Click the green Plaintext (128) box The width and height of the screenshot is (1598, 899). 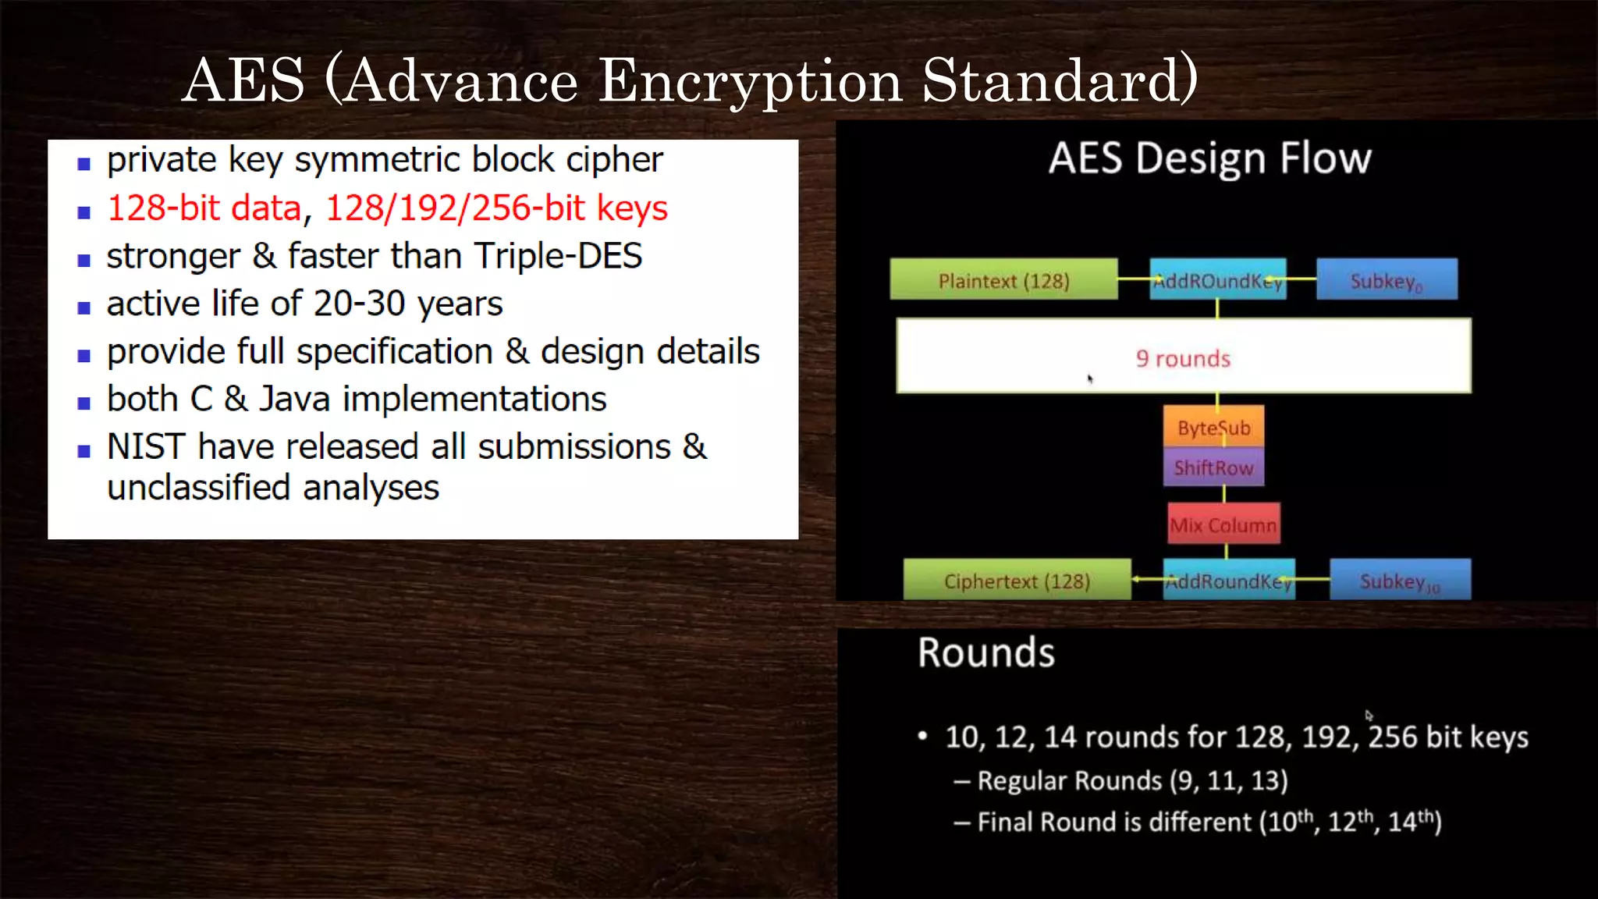coord(1003,280)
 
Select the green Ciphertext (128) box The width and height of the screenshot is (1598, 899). coord(1017,581)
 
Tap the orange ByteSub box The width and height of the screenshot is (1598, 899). coord(1213,427)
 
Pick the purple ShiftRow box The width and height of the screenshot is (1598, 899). coord(1213,467)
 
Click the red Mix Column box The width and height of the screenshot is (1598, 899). coord(1223,525)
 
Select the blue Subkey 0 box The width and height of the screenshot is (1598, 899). coord(1387,280)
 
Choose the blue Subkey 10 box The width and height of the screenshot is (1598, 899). coord(1400,581)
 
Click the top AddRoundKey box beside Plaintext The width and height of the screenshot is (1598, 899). coord(1217,280)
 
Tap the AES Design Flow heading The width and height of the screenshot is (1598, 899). coord(1209,158)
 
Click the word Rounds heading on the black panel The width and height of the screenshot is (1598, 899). coord(986,652)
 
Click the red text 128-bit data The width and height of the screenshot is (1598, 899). coord(204,208)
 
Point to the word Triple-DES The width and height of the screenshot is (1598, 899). coord(558,256)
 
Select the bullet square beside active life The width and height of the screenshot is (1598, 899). coord(84,307)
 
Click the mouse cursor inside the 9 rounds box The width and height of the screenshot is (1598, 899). coord(1090,379)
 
